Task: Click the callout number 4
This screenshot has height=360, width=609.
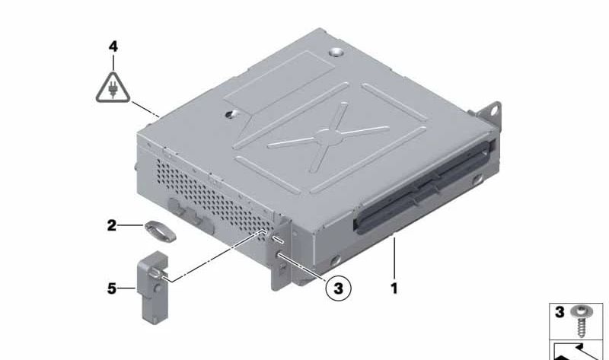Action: point(113,47)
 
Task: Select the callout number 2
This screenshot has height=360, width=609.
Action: point(111,225)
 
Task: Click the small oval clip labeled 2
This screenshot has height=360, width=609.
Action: point(161,231)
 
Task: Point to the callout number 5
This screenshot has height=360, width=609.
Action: point(112,288)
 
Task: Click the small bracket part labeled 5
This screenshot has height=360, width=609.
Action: point(153,288)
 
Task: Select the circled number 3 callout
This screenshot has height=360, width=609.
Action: point(338,288)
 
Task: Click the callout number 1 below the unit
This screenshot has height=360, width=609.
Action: point(394,288)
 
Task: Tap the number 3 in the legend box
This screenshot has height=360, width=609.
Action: point(560,312)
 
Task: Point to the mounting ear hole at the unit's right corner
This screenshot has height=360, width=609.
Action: point(494,110)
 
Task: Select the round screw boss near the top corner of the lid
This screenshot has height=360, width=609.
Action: point(336,52)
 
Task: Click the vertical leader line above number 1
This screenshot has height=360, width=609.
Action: point(394,257)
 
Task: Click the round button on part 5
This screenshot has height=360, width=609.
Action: point(158,289)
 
